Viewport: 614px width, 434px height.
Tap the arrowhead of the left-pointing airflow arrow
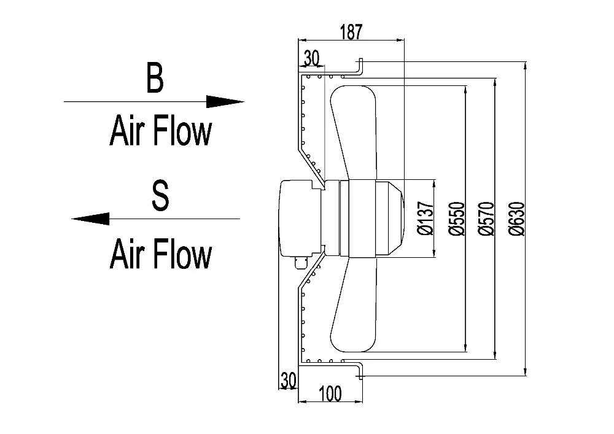click(90, 218)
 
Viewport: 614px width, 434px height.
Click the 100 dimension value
click(330, 393)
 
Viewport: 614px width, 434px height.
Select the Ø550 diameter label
click(456, 219)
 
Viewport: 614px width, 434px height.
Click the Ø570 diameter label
click(484, 219)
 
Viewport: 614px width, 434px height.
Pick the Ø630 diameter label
click(516, 219)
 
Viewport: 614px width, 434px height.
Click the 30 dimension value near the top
click(311, 58)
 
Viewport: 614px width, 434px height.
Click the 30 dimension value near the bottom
click(288, 379)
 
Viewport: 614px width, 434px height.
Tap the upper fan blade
click(353, 129)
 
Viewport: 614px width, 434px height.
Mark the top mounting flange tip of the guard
click(361, 61)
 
